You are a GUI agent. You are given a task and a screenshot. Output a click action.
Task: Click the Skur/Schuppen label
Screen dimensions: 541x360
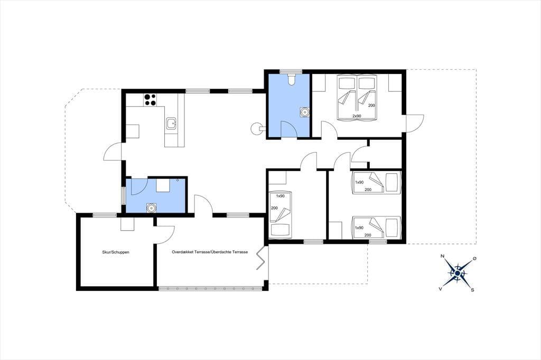[116, 252]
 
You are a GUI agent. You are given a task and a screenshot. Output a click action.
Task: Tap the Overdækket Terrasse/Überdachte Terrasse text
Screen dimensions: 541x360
[210, 252]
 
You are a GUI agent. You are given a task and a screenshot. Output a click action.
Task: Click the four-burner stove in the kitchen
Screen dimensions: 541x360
[151, 100]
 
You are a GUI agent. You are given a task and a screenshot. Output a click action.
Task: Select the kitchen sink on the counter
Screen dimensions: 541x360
[172, 124]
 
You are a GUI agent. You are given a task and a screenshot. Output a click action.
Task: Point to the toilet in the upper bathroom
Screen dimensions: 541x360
[291, 79]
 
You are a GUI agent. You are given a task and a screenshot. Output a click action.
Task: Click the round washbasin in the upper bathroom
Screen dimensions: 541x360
[304, 112]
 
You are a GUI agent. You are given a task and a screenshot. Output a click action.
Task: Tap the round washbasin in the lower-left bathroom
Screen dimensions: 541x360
[151, 208]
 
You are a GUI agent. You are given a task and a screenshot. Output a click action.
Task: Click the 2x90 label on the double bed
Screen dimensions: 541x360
[357, 116]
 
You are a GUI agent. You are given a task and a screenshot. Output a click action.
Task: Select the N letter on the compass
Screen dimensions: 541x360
[442, 256]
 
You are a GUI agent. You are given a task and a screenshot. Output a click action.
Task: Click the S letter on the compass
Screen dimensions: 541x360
[472, 290]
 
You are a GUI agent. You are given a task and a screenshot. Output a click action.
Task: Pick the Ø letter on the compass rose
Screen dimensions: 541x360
[474, 258]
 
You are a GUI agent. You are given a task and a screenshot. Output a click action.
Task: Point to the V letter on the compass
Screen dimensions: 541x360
[441, 289]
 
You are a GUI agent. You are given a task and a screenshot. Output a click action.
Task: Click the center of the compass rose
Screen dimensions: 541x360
[457, 273]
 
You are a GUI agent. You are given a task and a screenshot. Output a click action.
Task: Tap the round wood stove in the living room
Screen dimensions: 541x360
[256, 129]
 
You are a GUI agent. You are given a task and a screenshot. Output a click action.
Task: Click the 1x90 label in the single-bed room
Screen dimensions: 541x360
[280, 196]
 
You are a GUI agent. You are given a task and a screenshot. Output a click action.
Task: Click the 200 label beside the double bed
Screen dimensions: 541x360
[371, 105]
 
